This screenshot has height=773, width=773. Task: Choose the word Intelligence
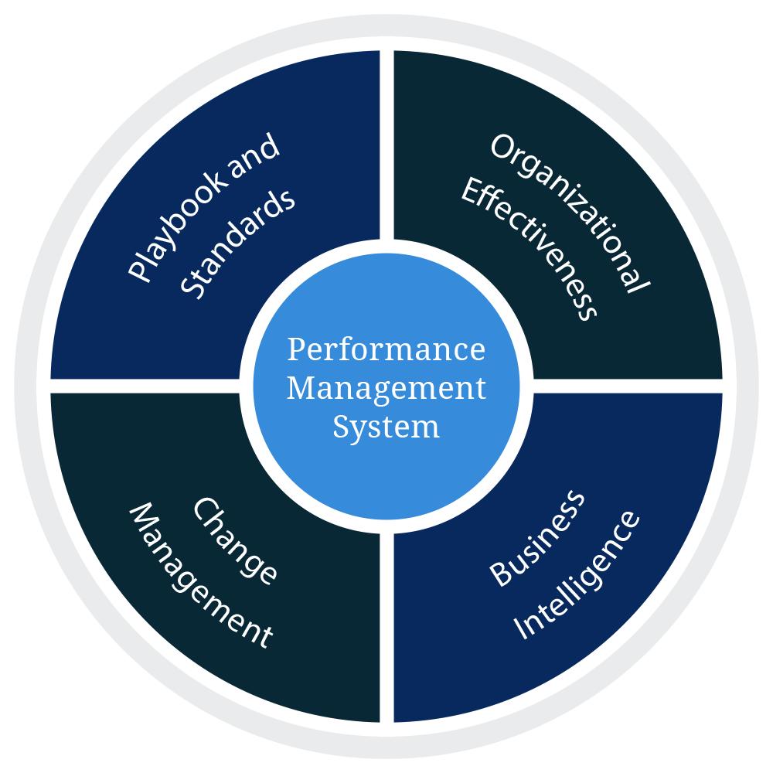(x=577, y=574)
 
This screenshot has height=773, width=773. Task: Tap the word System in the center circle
(x=386, y=426)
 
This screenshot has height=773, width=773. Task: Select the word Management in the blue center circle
(x=386, y=387)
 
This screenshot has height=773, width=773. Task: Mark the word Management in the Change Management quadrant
(x=200, y=576)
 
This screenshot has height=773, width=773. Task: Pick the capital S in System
(x=341, y=426)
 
